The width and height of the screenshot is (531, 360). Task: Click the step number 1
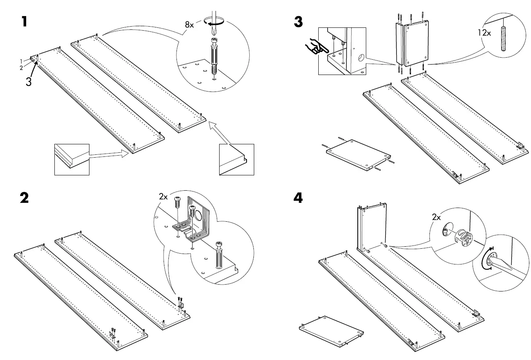(x=25, y=21)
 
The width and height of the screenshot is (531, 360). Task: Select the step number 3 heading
(x=298, y=21)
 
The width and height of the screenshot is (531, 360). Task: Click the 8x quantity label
(x=189, y=25)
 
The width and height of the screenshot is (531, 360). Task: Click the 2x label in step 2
(x=163, y=197)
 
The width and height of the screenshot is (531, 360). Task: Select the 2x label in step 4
(x=436, y=217)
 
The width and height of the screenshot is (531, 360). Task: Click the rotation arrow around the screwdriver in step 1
(x=213, y=23)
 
